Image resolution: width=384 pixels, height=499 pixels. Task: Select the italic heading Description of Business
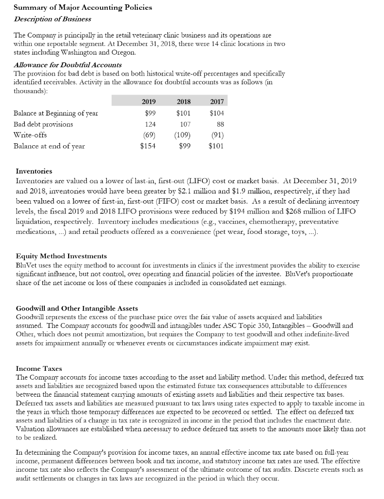coord(53,19)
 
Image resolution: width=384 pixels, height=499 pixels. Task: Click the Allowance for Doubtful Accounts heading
coord(68,65)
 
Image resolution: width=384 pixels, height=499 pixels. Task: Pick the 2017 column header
coord(216,101)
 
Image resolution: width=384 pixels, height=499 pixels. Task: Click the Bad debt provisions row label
coord(43,124)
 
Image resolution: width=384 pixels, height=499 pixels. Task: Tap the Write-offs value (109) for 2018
coord(182,135)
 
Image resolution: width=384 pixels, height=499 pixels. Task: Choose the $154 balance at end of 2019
coord(148,146)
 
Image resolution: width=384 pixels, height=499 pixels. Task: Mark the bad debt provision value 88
coord(219,124)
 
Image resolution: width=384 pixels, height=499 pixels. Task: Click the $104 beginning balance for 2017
coord(216,114)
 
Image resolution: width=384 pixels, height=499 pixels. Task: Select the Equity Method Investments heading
coord(61,256)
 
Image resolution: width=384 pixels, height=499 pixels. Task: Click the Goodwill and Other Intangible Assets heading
coord(77,308)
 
